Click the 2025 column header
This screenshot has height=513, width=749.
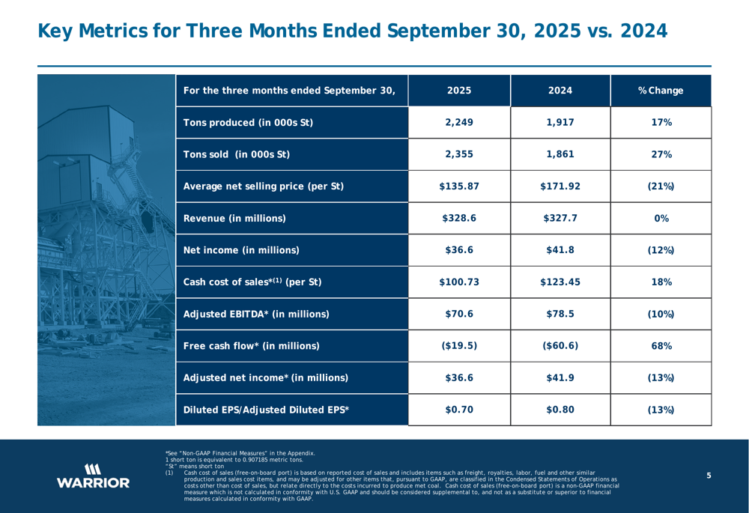coord(458,91)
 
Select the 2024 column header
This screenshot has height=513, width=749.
coord(560,91)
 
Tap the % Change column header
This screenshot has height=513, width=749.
coord(660,91)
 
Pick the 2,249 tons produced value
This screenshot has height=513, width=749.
coord(458,123)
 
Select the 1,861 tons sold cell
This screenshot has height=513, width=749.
coord(560,155)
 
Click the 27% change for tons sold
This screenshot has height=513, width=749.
coord(660,155)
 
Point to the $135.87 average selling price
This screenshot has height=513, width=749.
coord(458,186)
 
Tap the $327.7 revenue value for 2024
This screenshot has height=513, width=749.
coord(560,219)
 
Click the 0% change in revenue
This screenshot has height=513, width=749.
coord(660,219)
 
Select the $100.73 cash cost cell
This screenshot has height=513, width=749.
coord(458,282)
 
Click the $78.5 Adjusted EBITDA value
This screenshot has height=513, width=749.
coord(560,314)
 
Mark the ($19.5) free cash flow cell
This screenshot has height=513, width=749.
coord(458,346)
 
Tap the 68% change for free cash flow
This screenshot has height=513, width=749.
coord(660,346)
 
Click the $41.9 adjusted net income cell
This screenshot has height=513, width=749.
coord(560,377)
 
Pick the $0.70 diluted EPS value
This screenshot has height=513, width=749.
coord(458,410)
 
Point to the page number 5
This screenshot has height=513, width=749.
coord(708,476)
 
